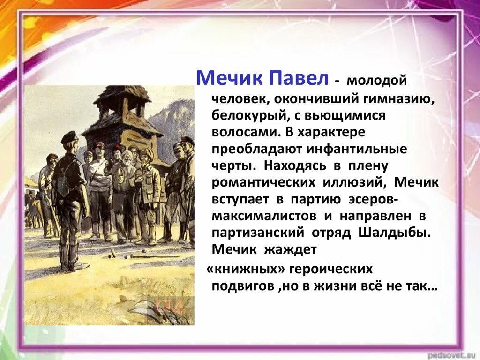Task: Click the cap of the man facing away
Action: tap(70, 135)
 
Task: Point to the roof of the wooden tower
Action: tap(122, 94)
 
